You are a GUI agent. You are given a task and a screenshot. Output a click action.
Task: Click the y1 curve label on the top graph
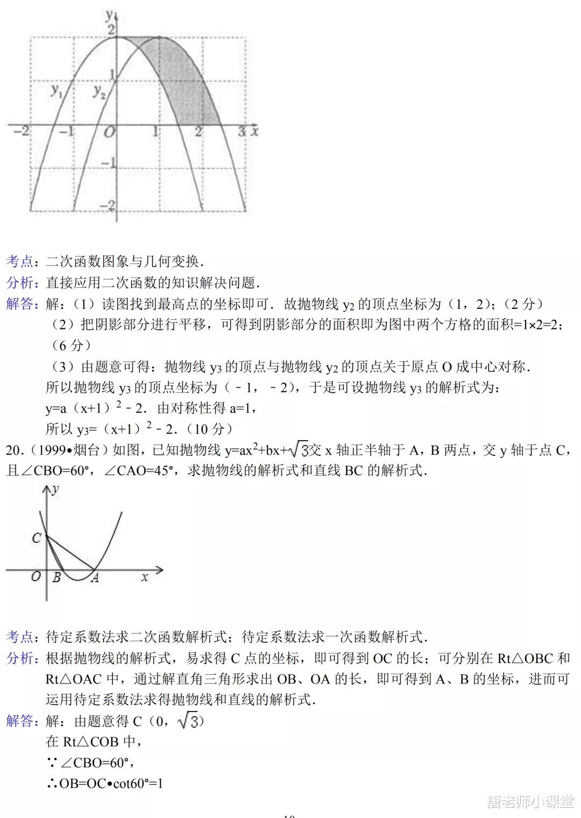tap(56, 90)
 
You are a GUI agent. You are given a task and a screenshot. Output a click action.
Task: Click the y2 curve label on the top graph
tap(99, 91)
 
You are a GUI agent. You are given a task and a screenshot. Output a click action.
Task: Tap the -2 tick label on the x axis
tap(22, 131)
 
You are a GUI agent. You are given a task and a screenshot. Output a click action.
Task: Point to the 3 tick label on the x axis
tap(242, 131)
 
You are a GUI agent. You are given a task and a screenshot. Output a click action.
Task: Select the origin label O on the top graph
tap(109, 132)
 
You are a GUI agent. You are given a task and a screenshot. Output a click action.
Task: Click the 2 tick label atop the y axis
tap(111, 29)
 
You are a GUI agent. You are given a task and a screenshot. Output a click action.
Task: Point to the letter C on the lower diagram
tap(37, 538)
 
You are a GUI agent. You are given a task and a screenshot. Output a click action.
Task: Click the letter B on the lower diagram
tap(56, 578)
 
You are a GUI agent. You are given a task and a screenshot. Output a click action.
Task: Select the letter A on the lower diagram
tap(95, 579)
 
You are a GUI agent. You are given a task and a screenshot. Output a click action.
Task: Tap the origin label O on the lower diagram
tap(36, 576)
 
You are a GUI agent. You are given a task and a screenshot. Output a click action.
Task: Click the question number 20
tap(14, 450)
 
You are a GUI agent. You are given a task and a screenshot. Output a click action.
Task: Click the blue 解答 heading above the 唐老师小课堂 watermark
tap(22, 721)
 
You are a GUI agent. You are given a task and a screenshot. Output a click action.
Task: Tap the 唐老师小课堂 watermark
tap(530, 802)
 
